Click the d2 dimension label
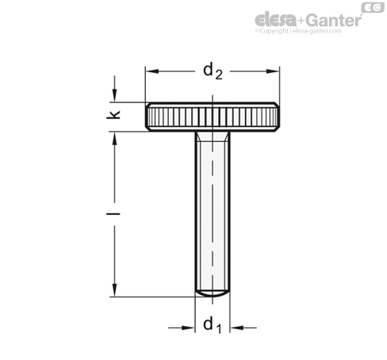[x=212, y=71]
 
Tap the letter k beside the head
[x=116, y=116]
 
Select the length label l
[x=116, y=213]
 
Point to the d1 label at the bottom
[x=212, y=324]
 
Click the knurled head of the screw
[x=213, y=116]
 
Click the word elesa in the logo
[x=274, y=19]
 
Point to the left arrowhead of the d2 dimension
[x=151, y=71]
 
